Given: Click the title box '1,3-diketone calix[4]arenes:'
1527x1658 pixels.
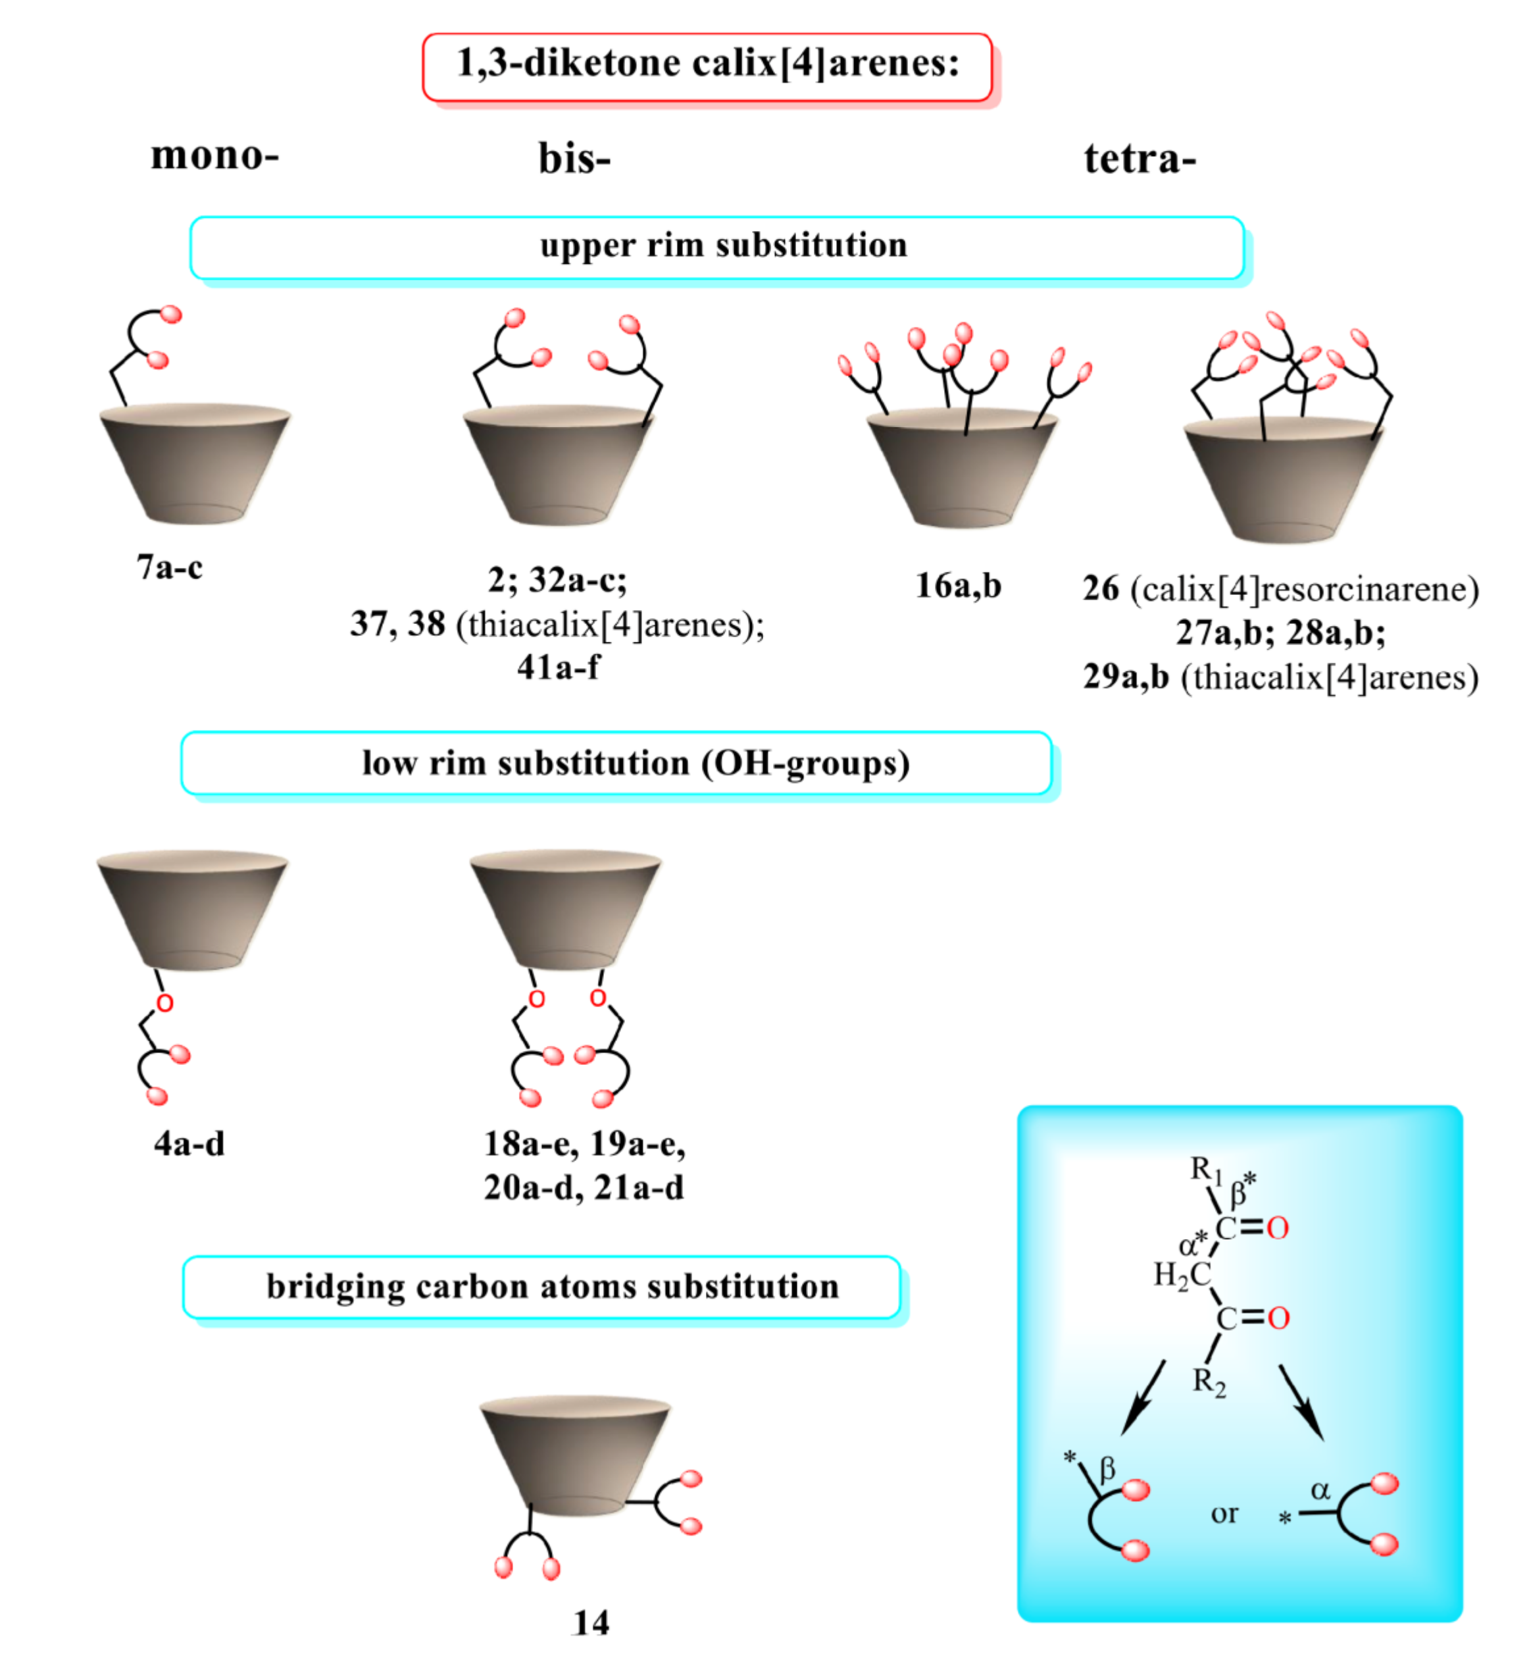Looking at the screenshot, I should click(x=707, y=65).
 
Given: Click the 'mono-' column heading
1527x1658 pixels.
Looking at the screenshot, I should click(x=215, y=155).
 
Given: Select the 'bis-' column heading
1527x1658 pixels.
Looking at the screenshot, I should click(x=574, y=158).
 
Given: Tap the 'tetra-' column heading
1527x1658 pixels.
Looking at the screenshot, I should click(x=1139, y=158).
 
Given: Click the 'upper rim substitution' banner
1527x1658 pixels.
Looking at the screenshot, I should click(x=717, y=246).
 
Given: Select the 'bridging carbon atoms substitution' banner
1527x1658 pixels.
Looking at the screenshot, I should click(x=552, y=1287).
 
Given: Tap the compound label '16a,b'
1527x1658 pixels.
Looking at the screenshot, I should click(x=958, y=585).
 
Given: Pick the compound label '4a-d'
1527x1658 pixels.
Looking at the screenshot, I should click(x=189, y=1144).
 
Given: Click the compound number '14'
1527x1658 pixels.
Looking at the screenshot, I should click(x=591, y=1623).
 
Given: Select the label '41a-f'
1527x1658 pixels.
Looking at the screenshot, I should click(x=559, y=666).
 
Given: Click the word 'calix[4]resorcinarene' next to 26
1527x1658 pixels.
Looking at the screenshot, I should click(x=1304, y=589).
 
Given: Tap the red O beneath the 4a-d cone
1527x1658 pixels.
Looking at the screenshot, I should click(x=164, y=1003).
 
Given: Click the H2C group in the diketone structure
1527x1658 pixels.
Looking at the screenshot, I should click(x=1182, y=1276).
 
